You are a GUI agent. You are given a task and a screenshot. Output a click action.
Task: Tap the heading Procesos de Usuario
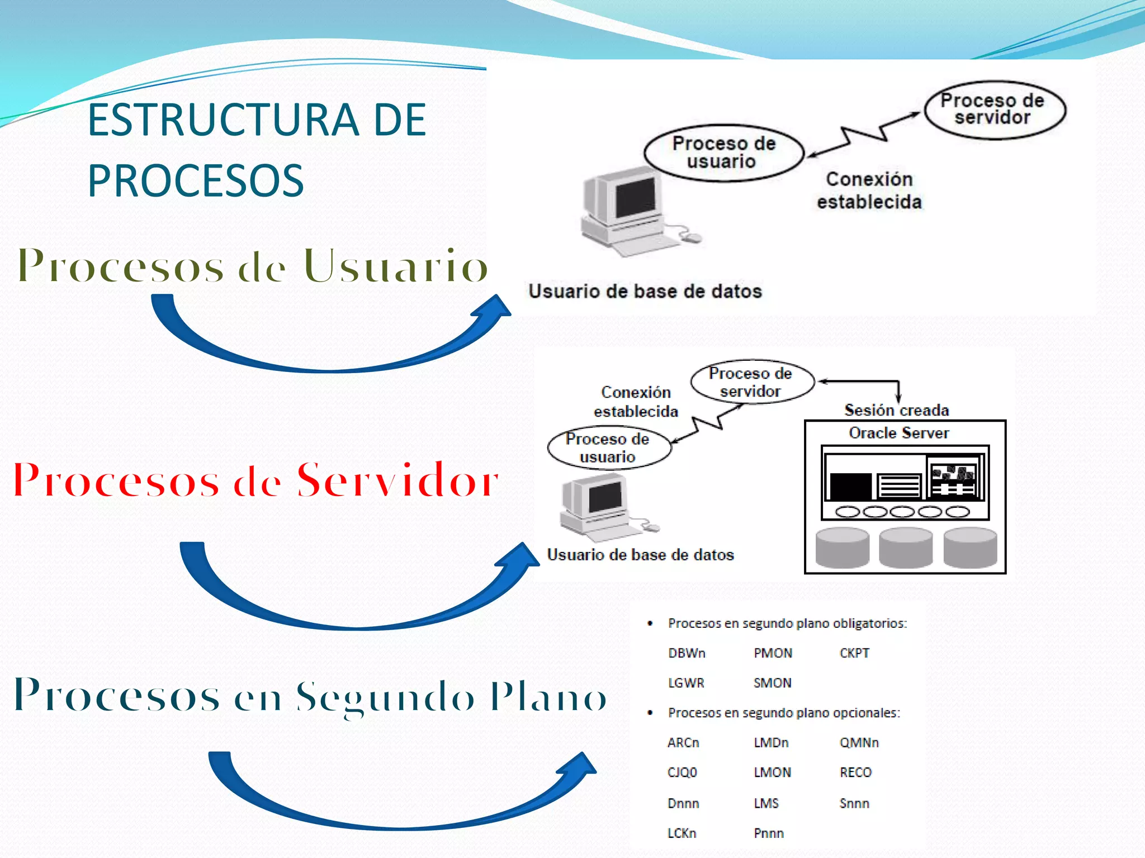coord(253,266)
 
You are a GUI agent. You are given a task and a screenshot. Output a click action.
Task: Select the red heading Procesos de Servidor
coord(256,480)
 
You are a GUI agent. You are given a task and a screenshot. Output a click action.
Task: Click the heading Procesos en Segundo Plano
coord(310,695)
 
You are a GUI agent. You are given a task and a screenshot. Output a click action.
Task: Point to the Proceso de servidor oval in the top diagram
coord(994,109)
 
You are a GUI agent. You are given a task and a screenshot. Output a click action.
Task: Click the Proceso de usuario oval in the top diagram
coord(723,152)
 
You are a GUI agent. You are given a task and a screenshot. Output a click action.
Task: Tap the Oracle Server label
coord(898,433)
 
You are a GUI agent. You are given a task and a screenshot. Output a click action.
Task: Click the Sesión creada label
coord(896,410)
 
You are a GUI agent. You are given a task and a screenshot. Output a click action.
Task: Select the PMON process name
coord(773,653)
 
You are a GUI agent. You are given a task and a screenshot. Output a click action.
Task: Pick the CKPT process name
coord(854,653)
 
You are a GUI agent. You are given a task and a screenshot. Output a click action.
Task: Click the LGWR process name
coord(686,683)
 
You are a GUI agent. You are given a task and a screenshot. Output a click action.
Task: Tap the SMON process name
coord(772,683)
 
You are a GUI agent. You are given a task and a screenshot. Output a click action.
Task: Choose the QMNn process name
coord(859,742)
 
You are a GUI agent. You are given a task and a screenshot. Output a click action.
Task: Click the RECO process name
coord(855,772)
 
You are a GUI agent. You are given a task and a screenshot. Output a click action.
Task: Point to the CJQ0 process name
coord(682,772)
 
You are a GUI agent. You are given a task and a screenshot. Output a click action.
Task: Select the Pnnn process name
coord(768,833)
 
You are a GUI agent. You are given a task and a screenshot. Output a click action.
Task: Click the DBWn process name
coord(687,653)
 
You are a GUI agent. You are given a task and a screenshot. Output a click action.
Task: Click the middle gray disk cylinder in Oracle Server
coord(906,547)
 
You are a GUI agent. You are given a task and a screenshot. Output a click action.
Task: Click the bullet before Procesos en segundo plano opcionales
coord(650,713)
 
